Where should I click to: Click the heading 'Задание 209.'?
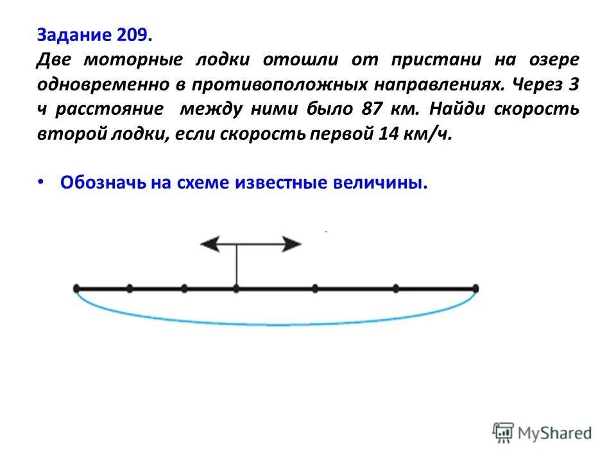click(94, 33)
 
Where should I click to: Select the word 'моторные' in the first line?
click(126, 60)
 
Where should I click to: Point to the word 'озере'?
click(553, 60)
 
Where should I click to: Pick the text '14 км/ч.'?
click(423, 135)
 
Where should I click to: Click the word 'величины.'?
click(379, 183)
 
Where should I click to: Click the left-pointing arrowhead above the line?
click(209, 244)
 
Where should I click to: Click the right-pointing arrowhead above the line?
click(292, 244)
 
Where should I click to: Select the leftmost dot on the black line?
click(76, 288)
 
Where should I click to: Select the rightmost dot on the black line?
click(475, 288)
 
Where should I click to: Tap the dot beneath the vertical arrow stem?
click(236, 289)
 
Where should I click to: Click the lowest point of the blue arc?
click(276, 325)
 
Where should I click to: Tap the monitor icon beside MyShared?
click(503, 432)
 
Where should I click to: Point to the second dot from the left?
click(130, 289)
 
